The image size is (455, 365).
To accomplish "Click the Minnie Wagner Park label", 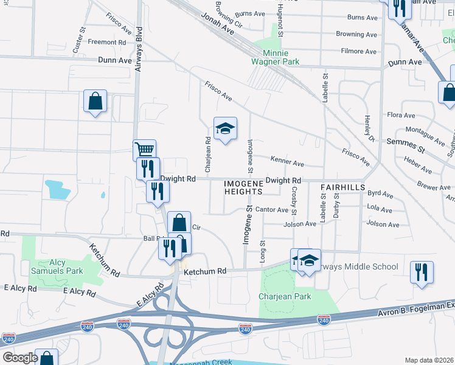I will (x=276, y=57).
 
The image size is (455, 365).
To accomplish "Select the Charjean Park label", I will (x=284, y=296).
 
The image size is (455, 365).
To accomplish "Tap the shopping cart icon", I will (x=145, y=150).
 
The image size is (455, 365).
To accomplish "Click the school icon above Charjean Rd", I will (x=225, y=128).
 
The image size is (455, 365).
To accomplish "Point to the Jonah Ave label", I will (x=219, y=25).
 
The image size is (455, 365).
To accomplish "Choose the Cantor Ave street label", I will (x=271, y=210).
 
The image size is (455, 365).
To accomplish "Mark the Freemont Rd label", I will (x=106, y=43).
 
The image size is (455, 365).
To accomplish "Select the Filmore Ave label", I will (x=361, y=52).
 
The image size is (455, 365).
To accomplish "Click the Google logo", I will (x=20, y=358).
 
